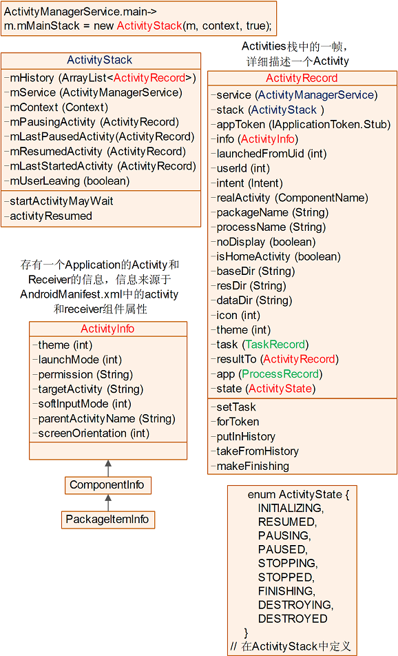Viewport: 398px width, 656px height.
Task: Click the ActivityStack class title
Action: [x=99, y=60]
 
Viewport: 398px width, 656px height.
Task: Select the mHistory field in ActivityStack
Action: [x=100, y=78]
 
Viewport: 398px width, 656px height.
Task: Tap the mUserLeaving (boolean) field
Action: [x=67, y=181]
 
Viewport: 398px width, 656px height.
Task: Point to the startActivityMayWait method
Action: [x=59, y=201]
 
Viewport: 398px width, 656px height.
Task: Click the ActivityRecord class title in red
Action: [x=302, y=78]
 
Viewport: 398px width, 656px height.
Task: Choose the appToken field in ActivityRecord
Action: [x=301, y=124]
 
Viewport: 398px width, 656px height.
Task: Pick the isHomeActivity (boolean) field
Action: [x=276, y=256]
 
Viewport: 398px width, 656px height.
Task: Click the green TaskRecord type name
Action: [x=275, y=345]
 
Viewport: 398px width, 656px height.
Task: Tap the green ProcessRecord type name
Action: [x=280, y=373]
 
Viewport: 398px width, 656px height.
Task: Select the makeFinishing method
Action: [x=250, y=466]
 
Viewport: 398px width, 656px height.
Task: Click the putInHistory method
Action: [x=243, y=436]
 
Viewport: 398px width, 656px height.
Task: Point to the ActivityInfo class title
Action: [x=107, y=329]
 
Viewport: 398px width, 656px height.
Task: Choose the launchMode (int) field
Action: [x=77, y=360]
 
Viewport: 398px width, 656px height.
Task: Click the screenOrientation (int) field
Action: [x=91, y=433]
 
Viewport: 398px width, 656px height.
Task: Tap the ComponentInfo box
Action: [x=108, y=485]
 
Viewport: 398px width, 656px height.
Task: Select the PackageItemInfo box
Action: [x=108, y=520]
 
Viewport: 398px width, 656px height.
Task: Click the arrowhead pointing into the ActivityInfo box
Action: [x=108, y=463]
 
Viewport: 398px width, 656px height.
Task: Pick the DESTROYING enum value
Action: [x=295, y=604]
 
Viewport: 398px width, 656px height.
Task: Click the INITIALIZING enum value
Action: [x=291, y=508]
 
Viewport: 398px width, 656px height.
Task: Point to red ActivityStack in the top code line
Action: [x=149, y=25]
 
